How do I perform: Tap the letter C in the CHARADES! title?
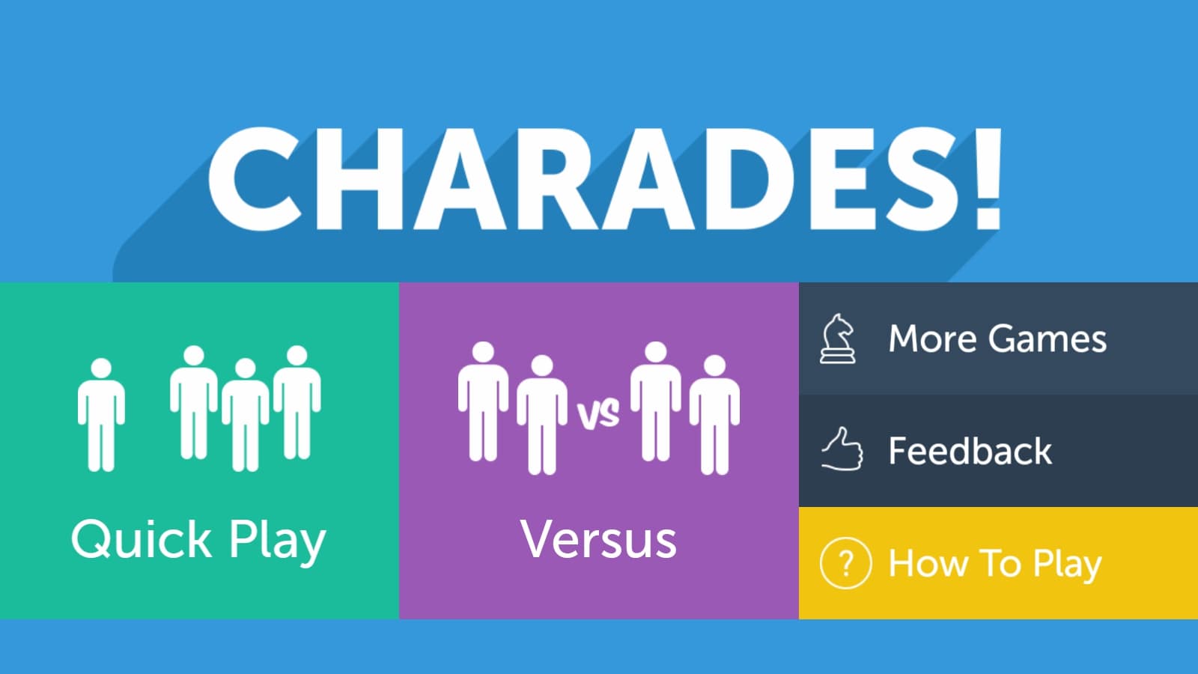click(255, 179)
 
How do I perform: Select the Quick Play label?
click(198, 540)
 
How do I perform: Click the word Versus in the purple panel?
click(598, 539)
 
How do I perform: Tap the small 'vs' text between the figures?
click(598, 414)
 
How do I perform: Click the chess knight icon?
click(838, 339)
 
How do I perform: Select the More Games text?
click(997, 338)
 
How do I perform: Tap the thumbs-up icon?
click(842, 449)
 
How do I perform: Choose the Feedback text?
click(970, 450)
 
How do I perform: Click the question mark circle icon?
click(845, 563)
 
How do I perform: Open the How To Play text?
click(995, 565)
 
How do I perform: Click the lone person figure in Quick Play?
click(101, 415)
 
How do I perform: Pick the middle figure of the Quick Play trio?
click(246, 415)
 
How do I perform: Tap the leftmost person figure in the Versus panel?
click(483, 401)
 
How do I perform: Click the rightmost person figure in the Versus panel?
click(714, 415)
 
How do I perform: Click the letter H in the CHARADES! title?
click(359, 179)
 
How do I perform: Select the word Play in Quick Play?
click(278, 541)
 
